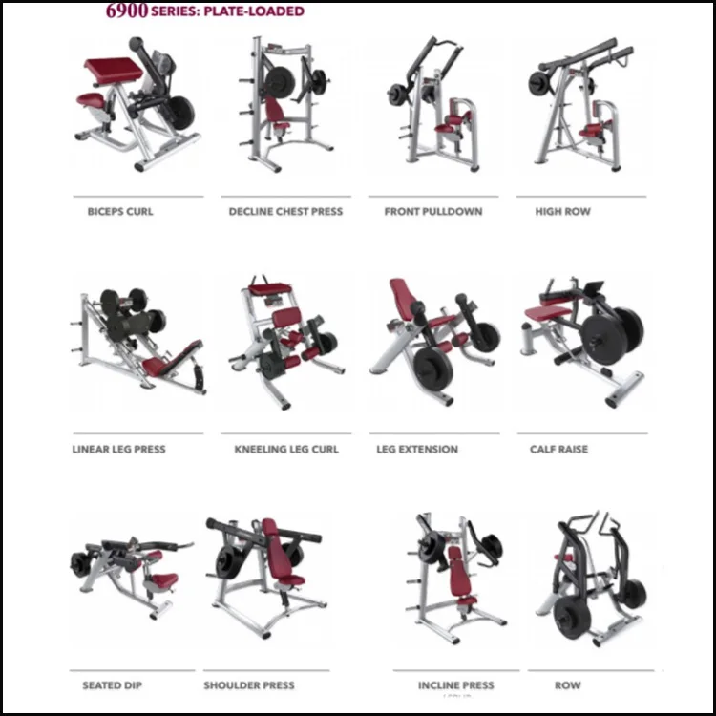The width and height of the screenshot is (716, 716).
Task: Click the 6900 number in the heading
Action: (x=127, y=11)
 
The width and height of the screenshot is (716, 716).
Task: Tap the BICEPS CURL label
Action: (x=119, y=211)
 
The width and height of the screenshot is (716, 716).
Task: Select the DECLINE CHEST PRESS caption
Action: (x=285, y=211)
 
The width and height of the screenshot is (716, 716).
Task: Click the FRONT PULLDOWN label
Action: (x=433, y=211)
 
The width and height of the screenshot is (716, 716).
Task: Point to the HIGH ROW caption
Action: (x=562, y=211)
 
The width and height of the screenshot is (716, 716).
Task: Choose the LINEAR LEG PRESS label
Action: (x=118, y=449)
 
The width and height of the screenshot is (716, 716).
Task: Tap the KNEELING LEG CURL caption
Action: (x=286, y=449)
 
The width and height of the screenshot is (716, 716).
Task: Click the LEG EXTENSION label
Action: (x=417, y=449)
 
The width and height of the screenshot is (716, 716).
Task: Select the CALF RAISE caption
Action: (x=558, y=449)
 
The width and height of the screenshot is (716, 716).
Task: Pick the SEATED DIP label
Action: (x=114, y=685)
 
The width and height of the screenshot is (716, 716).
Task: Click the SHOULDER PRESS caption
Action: (x=249, y=685)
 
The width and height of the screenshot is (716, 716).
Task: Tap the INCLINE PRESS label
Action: (x=456, y=685)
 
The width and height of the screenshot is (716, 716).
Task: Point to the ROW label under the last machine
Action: (x=568, y=685)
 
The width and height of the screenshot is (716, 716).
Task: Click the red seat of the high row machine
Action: (x=592, y=131)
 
